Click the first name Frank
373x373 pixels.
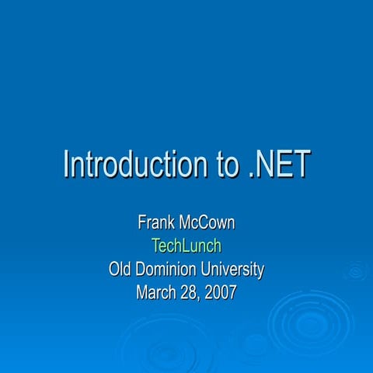(155, 223)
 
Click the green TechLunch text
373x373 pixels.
(186, 246)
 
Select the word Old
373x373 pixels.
(123, 270)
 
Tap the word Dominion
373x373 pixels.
(173, 270)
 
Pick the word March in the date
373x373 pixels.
(156, 293)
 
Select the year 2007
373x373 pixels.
(221, 293)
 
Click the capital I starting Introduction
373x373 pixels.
(66, 165)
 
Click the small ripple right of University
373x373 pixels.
(356, 271)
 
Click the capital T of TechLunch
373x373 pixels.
(155, 246)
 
